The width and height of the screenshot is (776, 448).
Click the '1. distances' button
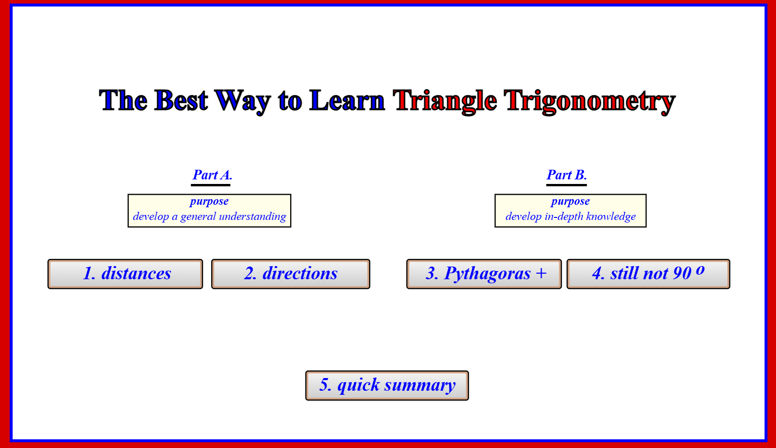[125, 274]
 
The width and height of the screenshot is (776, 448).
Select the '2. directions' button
[291, 274]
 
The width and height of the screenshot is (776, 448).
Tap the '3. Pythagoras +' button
[484, 274]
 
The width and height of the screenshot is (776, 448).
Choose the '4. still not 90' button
[648, 274]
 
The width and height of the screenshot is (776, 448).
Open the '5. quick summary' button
[387, 386]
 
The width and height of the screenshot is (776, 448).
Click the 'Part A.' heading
[212, 175]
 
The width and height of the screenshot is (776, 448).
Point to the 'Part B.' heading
[567, 175]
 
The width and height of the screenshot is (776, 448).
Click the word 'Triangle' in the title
[445, 101]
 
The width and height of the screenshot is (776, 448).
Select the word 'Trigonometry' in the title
[589, 101]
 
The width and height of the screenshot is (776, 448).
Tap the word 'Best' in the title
[181, 101]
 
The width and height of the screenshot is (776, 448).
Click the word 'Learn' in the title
[347, 101]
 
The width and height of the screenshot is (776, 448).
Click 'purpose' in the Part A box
[209, 201]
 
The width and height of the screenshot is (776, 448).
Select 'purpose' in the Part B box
[570, 201]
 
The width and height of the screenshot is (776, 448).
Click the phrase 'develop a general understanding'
[209, 216]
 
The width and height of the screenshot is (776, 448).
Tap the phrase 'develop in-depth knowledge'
[570, 216]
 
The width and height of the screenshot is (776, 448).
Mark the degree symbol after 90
[700, 270]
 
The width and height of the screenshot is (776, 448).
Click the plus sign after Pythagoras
[541, 273]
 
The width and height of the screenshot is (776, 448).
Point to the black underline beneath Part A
[211, 185]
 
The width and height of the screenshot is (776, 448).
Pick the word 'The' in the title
[123, 101]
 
